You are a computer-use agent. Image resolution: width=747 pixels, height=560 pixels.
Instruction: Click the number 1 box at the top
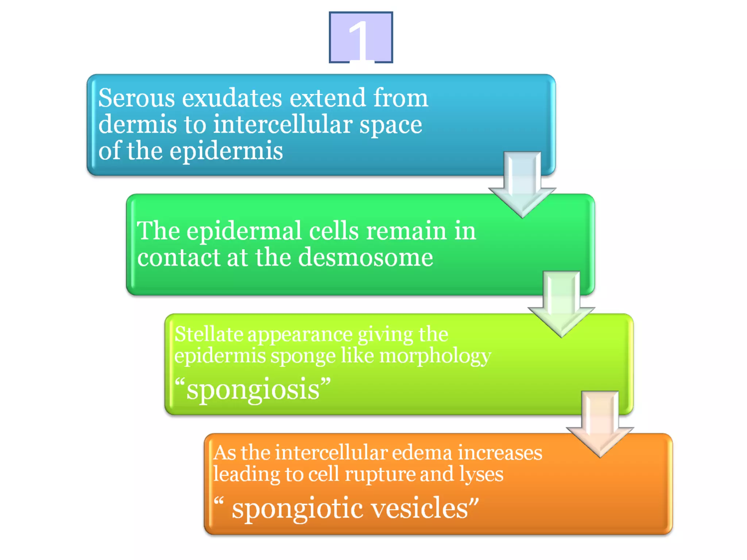(361, 37)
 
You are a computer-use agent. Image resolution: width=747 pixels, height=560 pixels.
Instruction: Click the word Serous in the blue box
(136, 98)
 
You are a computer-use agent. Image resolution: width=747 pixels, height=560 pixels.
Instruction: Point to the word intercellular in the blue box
(283, 125)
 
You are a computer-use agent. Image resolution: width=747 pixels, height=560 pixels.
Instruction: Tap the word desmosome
(366, 257)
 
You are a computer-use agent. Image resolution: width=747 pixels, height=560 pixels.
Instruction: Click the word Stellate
(209, 334)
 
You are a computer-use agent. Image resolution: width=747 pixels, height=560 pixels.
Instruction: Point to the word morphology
(435, 357)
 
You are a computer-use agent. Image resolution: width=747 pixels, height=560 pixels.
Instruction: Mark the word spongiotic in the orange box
(298, 509)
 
